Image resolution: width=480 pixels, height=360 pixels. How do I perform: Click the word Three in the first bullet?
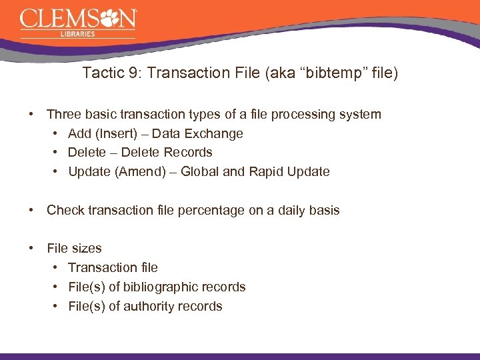pos(64,115)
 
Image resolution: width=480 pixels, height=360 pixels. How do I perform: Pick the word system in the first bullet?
pos(359,115)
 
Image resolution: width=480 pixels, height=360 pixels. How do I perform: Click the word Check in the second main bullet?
pos(65,211)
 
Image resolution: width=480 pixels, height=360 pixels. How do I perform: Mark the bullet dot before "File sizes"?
pos(32,249)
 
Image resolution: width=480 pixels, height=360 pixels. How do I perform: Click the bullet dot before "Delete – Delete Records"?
pos(54,153)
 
